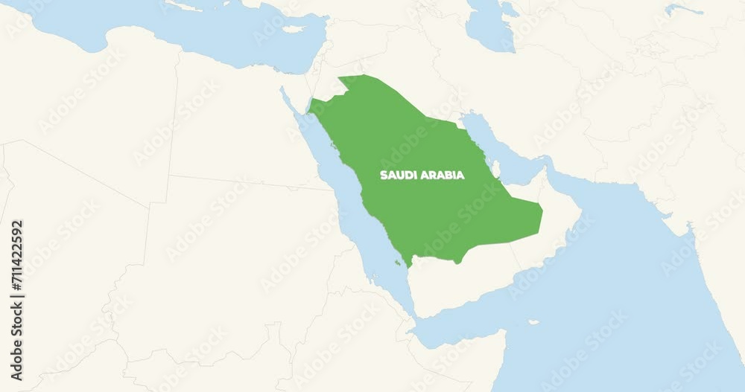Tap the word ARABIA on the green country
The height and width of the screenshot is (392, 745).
pyautogui.click(x=444, y=176)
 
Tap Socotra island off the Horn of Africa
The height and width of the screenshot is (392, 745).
pyautogui.click(x=533, y=322)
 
